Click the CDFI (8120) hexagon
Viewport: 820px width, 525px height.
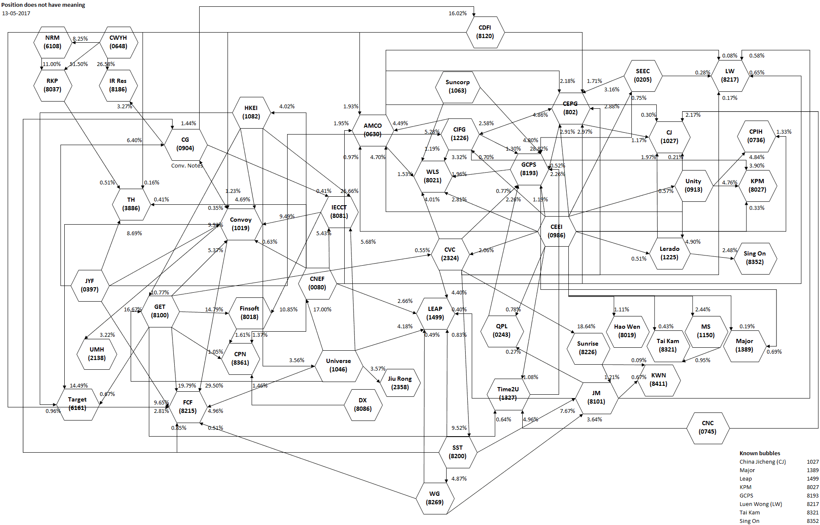pyautogui.click(x=485, y=32)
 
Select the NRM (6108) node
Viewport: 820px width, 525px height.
pyautogui.click(x=52, y=42)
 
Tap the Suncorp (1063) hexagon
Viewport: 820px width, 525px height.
pyautogui.click(x=457, y=87)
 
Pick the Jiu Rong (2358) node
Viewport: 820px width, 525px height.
pyautogui.click(x=400, y=383)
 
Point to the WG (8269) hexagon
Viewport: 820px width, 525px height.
pyautogui.click(x=435, y=498)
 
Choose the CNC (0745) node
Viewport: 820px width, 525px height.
pyautogui.click(x=708, y=428)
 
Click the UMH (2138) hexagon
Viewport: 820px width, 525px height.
pyautogui.click(x=97, y=354)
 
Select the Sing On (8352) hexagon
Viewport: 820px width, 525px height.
pyautogui.click(x=755, y=258)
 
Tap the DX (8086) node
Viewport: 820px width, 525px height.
pyautogui.click(x=363, y=404)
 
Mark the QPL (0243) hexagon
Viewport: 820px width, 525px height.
pyautogui.click(x=502, y=330)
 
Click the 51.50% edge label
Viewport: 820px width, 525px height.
pyautogui.click(x=79, y=64)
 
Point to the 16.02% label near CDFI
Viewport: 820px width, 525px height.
pyautogui.click(x=458, y=14)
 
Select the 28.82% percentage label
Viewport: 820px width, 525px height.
pyautogui.click(x=539, y=149)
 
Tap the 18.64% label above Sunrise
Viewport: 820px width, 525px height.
pyautogui.click(x=586, y=327)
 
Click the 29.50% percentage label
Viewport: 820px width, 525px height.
pyautogui.click(x=214, y=386)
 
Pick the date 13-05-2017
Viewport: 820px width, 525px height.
pyautogui.click(x=16, y=14)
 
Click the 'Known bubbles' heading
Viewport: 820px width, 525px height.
pyautogui.click(x=760, y=453)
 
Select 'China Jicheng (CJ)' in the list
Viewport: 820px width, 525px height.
pyautogui.click(x=762, y=462)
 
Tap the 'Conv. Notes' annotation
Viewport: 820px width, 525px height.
pyautogui.click(x=187, y=166)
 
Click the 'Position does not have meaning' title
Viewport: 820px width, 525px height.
pyautogui.click(x=43, y=5)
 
